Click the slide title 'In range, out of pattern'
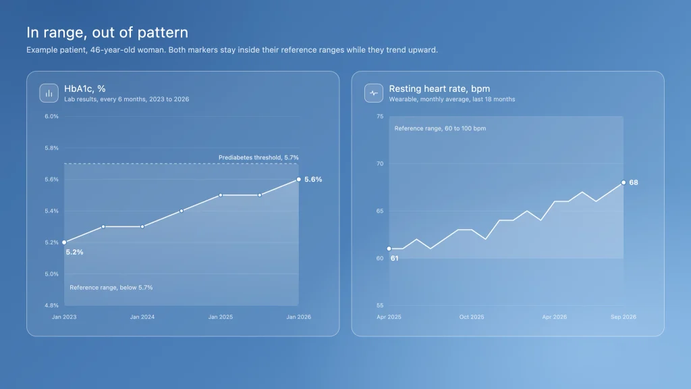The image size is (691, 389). tap(107, 32)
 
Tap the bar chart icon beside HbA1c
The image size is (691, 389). tap(49, 93)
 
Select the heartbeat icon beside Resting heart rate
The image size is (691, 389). tap(374, 93)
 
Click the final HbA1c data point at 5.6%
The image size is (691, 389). tap(299, 180)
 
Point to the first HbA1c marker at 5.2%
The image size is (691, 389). tap(64, 242)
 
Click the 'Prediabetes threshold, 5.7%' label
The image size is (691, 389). tap(258, 157)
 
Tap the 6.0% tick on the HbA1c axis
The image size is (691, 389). tap(51, 116)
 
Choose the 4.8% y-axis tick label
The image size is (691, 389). tap(51, 305)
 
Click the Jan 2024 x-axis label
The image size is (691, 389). tap(142, 317)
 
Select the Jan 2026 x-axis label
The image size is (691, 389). tap(299, 317)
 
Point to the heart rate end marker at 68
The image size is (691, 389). tap(624, 182)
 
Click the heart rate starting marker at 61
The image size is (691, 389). tap(389, 249)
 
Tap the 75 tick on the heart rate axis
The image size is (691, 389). tap(380, 116)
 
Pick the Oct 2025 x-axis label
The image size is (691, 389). tap(472, 317)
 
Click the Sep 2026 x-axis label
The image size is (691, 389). tap(624, 317)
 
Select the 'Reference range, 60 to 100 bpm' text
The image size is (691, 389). tap(440, 128)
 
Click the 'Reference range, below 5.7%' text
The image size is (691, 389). tap(111, 288)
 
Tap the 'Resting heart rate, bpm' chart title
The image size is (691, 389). tap(439, 88)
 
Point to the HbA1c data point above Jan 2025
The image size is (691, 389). tap(221, 195)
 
